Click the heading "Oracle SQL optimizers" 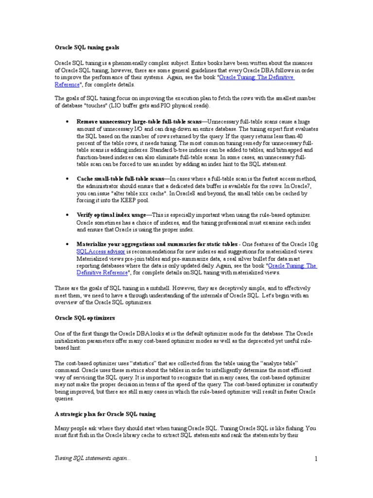[x=84, y=318]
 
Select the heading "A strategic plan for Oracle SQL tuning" [x=105, y=414]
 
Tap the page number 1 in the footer [x=316, y=459]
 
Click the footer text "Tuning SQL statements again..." [x=92, y=459]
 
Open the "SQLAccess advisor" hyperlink [x=101, y=252]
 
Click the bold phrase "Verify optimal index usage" [x=111, y=214]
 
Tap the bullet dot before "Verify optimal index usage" [x=67, y=214]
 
